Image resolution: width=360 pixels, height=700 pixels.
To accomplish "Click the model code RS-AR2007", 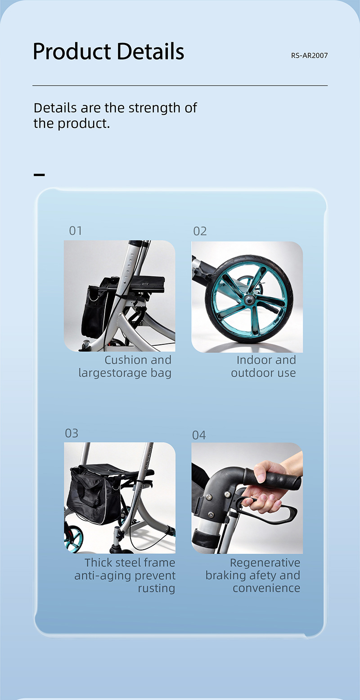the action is click(x=310, y=56).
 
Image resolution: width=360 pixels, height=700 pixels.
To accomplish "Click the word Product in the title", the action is click(x=72, y=51).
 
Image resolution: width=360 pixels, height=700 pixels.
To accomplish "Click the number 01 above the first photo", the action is click(x=76, y=231).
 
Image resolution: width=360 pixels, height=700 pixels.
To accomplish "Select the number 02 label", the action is click(x=200, y=231).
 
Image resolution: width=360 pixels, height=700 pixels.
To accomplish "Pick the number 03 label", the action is click(x=72, y=433).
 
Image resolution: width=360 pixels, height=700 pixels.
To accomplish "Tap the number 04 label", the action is click(x=199, y=435).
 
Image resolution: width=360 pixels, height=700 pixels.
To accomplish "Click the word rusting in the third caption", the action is click(x=156, y=588).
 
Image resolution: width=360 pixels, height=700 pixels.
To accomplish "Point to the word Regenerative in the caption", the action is click(x=265, y=563).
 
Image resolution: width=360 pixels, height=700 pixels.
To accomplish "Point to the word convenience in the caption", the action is click(x=266, y=588).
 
